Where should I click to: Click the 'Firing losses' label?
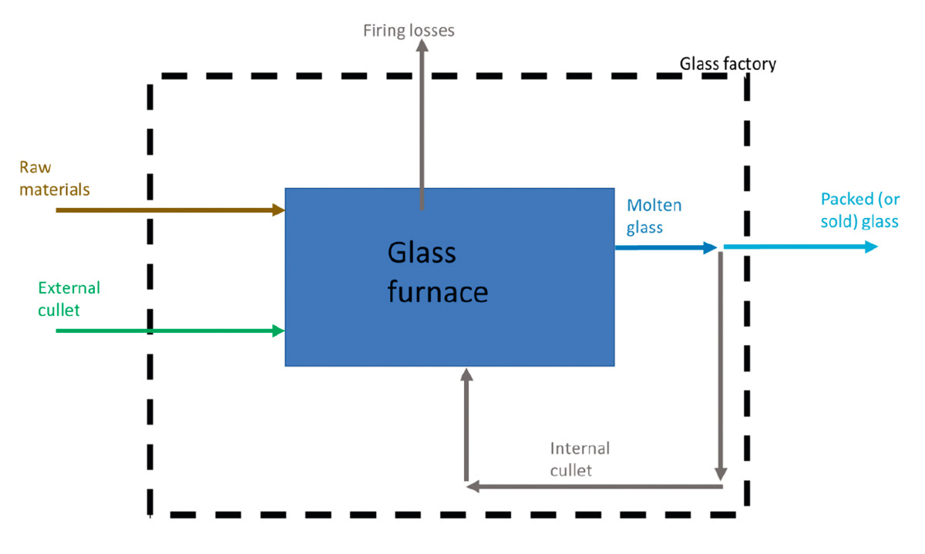click(409, 31)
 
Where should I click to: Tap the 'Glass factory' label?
click(728, 64)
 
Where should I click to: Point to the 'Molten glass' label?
click(654, 217)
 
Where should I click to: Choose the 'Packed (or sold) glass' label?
click(859, 210)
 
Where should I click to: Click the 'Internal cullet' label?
click(580, 459)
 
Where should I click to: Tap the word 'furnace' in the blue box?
click(437, 292)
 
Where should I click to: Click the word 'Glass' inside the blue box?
click(422, 253)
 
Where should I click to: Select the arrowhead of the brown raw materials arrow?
click(279, 210)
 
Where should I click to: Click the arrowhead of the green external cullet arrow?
click(279, 331)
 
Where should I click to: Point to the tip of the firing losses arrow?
click(422, 44)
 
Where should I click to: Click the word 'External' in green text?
click(69, 288)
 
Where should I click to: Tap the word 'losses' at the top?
click(432, 31)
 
